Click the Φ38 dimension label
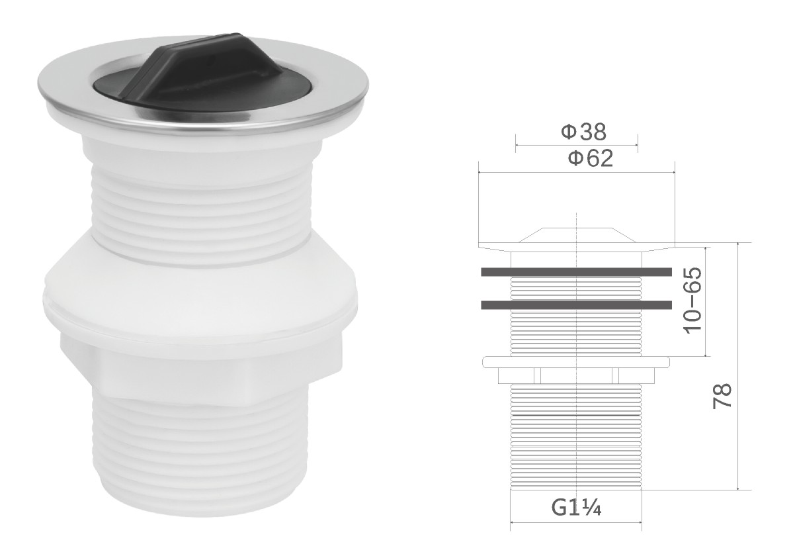pyautogui.click(x=583, y=132)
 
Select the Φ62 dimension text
pyautogui.click(x=590, y=158)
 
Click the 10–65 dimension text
pyautogui.click(x=693, y=299)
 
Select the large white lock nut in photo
pyautogui.click(x=200, y=299)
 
